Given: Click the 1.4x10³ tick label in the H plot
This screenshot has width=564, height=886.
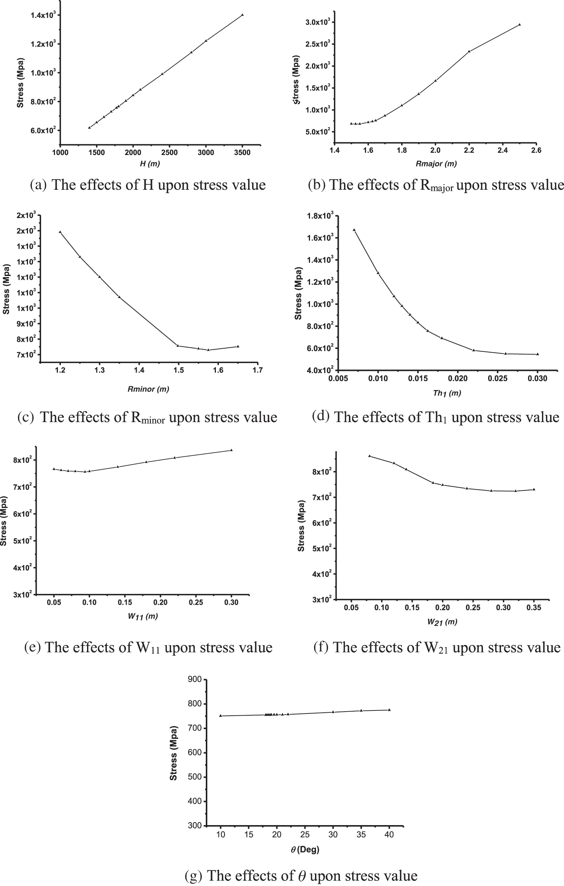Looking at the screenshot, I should tap(41, 15).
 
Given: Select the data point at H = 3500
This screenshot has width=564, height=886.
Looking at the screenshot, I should tap(242, 15).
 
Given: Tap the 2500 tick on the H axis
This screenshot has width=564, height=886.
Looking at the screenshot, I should tap(169, 152).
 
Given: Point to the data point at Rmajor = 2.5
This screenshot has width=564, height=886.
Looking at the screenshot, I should tap(520, 25).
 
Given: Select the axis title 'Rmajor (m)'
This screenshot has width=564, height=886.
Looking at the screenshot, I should tap(436, 163).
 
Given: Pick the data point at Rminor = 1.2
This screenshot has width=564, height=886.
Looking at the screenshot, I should tap(60, 232).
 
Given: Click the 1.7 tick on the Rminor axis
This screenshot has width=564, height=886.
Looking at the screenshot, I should tap(258, 370).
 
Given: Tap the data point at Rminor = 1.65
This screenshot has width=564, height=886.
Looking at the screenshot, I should tap(238, 346).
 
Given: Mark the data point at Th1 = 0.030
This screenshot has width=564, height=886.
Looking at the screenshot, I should tap(537, 354).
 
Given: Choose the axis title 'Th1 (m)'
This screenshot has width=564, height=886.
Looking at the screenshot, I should tap(447, 393).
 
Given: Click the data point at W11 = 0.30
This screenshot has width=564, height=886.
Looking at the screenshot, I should tap(231, 450).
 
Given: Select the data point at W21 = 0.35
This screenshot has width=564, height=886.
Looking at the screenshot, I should tap(534, 489).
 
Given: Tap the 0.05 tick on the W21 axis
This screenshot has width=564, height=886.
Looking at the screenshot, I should tap(351, 607).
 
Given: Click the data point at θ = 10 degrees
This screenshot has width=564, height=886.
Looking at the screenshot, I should tap(220, 716).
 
